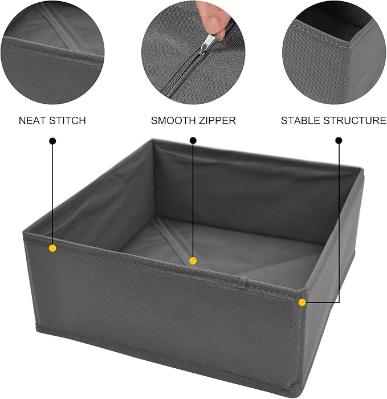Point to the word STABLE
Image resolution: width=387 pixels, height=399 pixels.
[300, 121]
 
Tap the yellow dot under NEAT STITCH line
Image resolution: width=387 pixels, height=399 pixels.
[52, 248]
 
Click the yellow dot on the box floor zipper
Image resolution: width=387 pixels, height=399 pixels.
[193, 260]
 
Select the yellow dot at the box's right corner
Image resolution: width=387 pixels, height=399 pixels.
[302, 302]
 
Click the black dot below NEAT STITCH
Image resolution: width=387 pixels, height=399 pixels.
[52, 140]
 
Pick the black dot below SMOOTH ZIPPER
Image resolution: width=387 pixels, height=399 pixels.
[193, 140]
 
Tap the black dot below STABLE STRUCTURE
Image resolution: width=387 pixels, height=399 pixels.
[339, 140]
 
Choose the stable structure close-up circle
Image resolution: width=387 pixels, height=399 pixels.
[334, 51]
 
